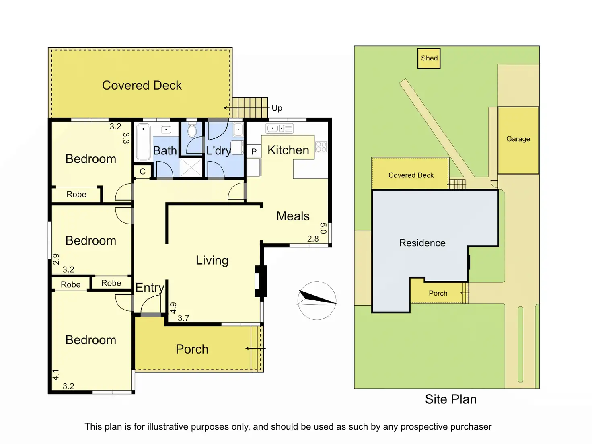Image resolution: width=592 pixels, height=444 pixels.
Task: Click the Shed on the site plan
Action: pyautogui.click(x=429, y=58)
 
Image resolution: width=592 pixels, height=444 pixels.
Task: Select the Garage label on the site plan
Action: pyautogui.click(x=518, y=139)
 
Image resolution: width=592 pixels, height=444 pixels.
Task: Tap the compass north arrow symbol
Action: pyautogui.click(x=317, y=300)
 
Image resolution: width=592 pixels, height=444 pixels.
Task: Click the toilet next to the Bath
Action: pyautogui.click(x=192, y=130)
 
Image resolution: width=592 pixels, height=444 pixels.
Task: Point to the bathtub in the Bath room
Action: pyautogui.click(x=143, y=142)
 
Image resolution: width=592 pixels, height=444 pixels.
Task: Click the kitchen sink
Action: pyautogui.click(x=280, y=128)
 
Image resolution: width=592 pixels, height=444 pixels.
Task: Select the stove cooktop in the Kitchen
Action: pyautogui.click(x=321, y=147)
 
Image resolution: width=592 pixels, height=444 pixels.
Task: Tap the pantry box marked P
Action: pyautogui.click(x=254, y=151)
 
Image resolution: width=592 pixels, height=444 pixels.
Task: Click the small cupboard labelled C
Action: pyautogui.click(x=143, y=171)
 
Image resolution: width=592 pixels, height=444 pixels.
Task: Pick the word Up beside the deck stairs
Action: pyautogui.click(x=277, y=108)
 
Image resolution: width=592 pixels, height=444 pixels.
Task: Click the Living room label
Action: pyautogui.click(x=212, y=261)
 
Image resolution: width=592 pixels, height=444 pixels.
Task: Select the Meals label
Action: pyautogui.click(x=293, y=216)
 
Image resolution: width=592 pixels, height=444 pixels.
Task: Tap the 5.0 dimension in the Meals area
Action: pyautogui.click(x=323, y=228)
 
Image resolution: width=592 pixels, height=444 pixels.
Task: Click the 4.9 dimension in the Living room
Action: pyautogui.click(x=173, y=308)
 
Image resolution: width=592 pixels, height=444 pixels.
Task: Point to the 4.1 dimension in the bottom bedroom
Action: pyautogui.click(x=56, y=375)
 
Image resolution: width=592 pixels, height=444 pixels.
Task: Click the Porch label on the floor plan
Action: pyautogui.click(x=192, y=349)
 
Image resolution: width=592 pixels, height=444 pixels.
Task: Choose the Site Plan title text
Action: pyautogui.click(x=451, y=399)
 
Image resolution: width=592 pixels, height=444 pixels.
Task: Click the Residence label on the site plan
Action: pyautogui.click(x=422, y=243)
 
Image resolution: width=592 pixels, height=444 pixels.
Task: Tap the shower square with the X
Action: pyautogui.click(x=191, y=168)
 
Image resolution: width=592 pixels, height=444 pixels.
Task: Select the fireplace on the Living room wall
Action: pyautogui.click(x=261, y=281)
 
